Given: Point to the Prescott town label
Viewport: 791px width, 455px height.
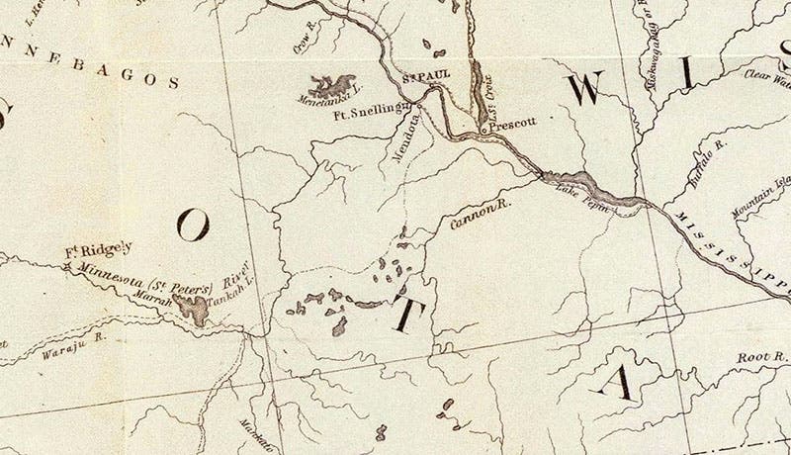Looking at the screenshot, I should (x=512, y=126).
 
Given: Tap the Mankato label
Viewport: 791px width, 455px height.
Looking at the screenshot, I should (x=255, y=435).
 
